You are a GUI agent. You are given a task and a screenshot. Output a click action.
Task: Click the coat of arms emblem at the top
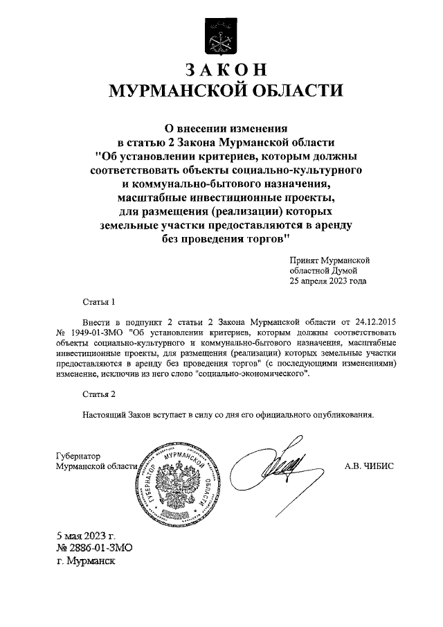coord(221,37)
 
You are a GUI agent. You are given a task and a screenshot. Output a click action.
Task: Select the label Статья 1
coord(96,303)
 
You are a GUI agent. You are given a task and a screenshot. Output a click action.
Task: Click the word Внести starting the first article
coord(96,323)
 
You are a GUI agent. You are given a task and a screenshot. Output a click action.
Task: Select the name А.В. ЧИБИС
coord(368,466)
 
